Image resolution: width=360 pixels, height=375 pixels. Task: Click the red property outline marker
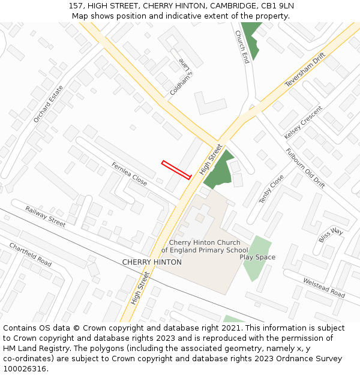click(x=176, y=169)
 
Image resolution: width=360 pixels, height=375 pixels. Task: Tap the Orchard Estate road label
click(x=49, y=104)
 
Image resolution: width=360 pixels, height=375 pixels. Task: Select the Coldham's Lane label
click(x=181, y=77)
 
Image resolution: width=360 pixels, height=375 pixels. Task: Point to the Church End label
click(x=242, y=47)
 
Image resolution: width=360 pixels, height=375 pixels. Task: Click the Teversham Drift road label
click(x=305, y=70)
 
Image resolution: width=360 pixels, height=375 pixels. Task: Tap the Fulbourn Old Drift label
click(x=305, y=169)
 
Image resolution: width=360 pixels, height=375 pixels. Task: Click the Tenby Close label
click(x=272, y=189)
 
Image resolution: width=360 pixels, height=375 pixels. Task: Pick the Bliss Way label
click(x=331, y=235)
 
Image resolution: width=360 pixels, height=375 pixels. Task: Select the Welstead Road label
click(x=324, y=288)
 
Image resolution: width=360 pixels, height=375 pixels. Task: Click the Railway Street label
click(x=46, y=217)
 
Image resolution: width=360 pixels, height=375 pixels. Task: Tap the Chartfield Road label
click(x=31, y=254)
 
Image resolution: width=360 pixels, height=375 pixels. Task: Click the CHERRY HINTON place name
click(x=152, y=262)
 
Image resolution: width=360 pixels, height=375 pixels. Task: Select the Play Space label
click(x=257, y=257)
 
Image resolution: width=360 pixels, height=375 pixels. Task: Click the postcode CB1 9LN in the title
click(x=277, y=6)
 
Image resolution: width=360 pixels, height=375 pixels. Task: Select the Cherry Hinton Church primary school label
click(x=204, y=247)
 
